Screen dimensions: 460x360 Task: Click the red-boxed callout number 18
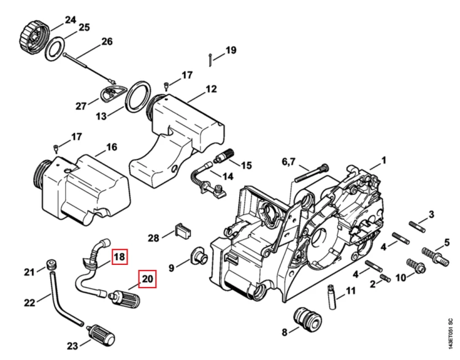pos(120,257)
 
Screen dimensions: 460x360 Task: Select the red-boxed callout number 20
pos(147,278)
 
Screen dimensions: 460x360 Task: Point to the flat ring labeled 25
pos(55,48)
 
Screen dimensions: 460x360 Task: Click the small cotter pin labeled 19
pos(210,60)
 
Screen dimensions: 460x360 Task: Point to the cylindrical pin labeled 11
pos(331,297)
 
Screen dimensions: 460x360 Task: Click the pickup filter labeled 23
pos(101,335)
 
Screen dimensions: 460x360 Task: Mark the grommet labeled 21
pos(52,264)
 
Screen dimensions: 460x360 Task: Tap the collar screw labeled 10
pos(416,266)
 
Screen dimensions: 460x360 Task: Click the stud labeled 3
pos(417,227)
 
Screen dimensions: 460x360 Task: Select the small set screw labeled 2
pos(385,277)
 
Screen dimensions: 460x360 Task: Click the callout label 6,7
pos(289,161)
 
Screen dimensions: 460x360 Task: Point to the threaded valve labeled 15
pos(224,156)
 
